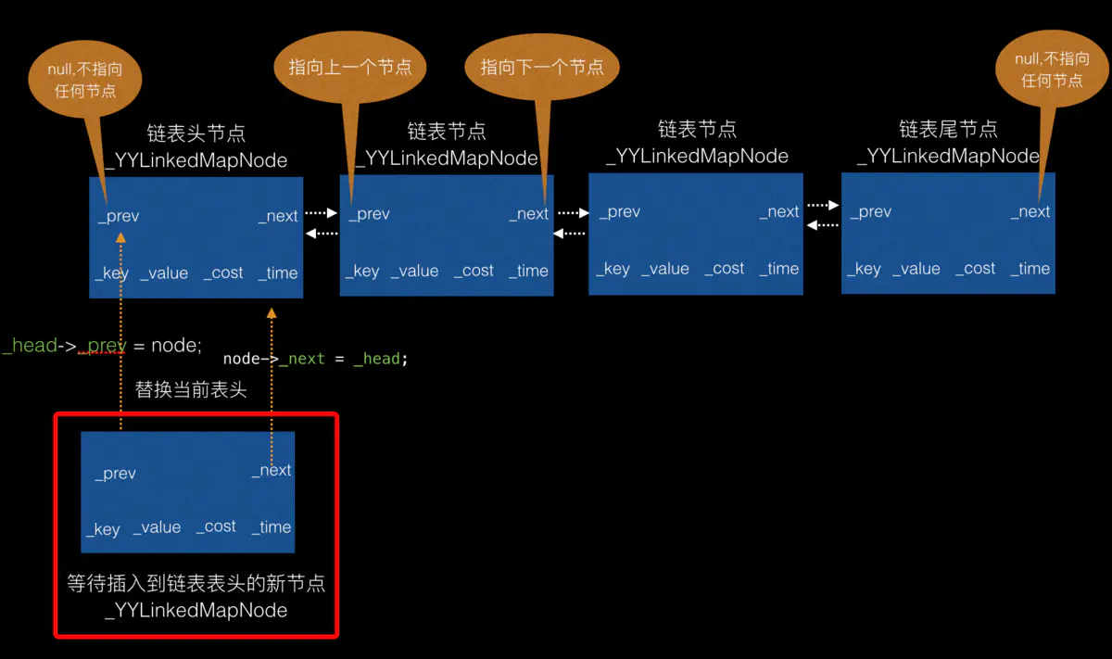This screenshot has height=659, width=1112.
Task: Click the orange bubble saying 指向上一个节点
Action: tap(350, 67)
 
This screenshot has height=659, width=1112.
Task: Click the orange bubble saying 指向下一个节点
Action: tap(542, 67)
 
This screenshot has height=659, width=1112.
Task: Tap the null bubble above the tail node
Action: tap(1052, 70)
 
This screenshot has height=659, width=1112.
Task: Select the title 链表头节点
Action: tap(196, 133)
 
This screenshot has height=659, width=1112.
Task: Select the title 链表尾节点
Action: tap(948, 129)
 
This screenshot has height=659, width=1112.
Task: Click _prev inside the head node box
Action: tap(119, 216)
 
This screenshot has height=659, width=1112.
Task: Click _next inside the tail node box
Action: tap(1030, 211)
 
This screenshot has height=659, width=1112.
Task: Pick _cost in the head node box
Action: tap(223, 272)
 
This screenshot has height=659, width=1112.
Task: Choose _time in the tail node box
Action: tap(1030, 269)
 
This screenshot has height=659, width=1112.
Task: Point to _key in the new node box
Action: tap(104, 529)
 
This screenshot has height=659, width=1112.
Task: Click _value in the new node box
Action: tap(157, 527)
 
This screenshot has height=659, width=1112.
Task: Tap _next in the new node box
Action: tap(272, 471)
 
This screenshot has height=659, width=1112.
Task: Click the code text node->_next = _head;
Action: tap(315, 359)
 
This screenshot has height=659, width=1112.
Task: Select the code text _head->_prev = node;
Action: tap(102, 346)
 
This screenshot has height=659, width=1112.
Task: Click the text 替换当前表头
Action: tap(191, 389)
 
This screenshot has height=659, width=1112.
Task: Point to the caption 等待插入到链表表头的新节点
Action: tap(196, 584)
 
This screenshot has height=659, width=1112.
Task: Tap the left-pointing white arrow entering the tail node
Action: tap(822, 225)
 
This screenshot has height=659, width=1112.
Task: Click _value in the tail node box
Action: tap(916, 269)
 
